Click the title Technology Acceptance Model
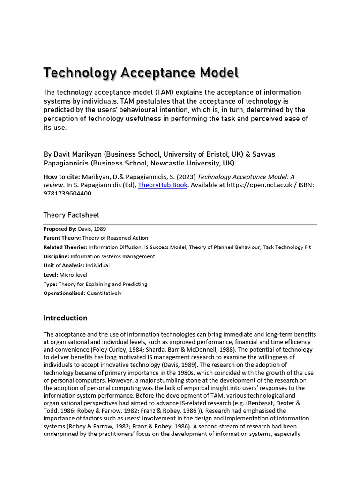pos(141,74)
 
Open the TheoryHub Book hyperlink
pos(163,185)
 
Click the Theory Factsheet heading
pos(71,215)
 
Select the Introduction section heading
pos(65,318)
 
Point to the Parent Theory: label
pos(62,238)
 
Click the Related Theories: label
pos(65,247)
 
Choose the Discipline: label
pos(56,256)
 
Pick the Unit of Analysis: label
pos(62,265)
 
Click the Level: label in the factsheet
pos(51,275)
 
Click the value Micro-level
pos(73,275)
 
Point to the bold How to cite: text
pos(61,177)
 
